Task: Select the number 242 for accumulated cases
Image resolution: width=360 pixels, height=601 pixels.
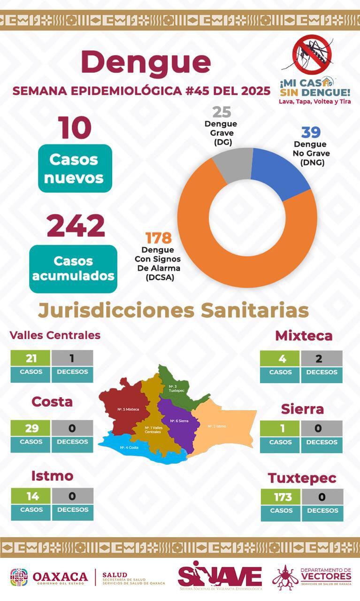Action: [x=76, y=226]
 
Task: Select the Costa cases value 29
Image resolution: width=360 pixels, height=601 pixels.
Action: [x=31, y=428]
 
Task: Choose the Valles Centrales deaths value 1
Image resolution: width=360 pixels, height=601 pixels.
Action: [x=72, y=358]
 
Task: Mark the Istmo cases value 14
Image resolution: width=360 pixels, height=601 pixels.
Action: [x=31, y=496]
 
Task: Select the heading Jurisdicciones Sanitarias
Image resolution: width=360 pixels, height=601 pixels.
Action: [x=173, y=310]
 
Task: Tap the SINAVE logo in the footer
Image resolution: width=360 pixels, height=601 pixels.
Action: [x=220, y=576]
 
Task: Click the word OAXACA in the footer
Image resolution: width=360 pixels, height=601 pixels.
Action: [x=60, y=577]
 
